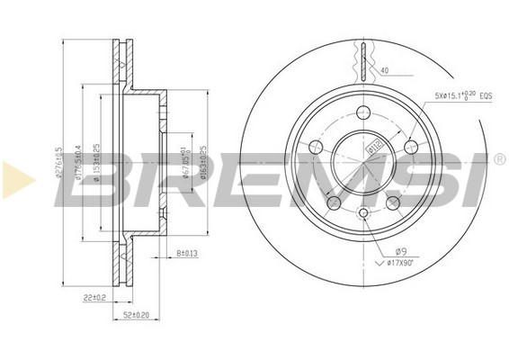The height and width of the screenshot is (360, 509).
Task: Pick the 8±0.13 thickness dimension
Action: (186, 254)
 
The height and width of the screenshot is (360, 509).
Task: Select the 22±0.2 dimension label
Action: (94, 296)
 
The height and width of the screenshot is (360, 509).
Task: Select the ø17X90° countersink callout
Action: (400, 263)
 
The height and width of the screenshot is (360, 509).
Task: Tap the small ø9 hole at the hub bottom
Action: (362, 213)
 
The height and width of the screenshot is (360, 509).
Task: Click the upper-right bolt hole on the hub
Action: (411, 146)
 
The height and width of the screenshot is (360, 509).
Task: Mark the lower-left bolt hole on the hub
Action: (332, 202)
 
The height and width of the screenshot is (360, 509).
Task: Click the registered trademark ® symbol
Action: (499, 159)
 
